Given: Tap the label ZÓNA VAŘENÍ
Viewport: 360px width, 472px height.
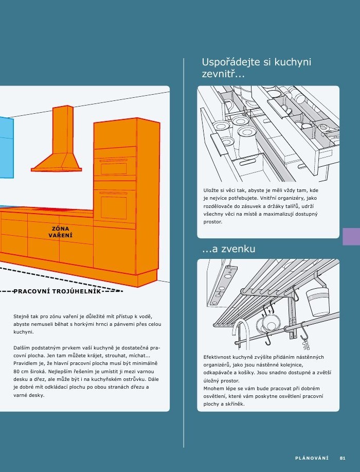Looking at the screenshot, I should point(60,232).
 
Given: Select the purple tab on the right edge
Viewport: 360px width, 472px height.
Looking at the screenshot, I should point(351,237).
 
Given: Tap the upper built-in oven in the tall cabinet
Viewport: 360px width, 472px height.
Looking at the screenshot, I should point(114,167).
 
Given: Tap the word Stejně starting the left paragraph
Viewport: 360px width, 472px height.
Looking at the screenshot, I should point(22,316).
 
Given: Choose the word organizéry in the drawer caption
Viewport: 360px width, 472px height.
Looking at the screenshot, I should point(289,198).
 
